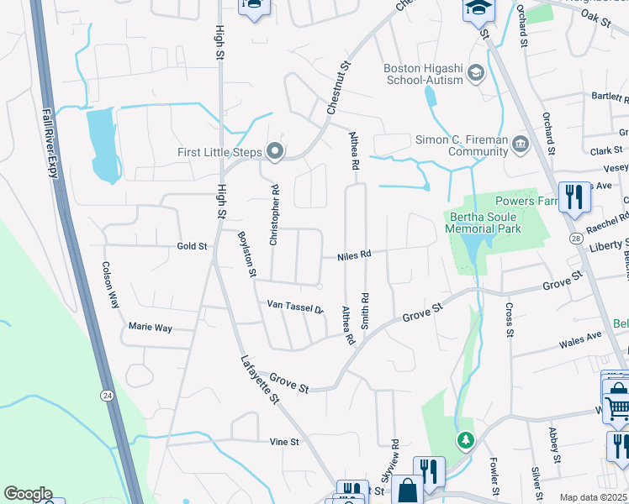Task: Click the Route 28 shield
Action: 574,239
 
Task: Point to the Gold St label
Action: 192,246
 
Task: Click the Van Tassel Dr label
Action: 295,307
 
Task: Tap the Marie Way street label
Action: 150,326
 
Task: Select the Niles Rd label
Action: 354,255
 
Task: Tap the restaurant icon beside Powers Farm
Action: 575,197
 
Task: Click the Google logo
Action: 28,494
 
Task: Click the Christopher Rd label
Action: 273,215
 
